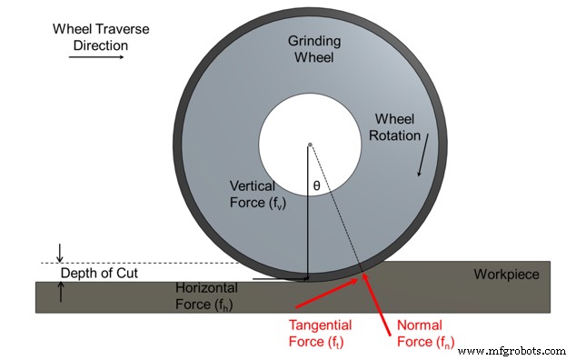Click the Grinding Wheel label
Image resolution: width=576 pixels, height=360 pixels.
tap(313, 50)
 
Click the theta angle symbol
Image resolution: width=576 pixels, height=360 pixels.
tap(317, 185)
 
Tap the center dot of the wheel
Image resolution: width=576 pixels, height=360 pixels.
tap(310, 145)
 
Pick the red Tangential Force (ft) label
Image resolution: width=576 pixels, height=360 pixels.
tap(320, 334)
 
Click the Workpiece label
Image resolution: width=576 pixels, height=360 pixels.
tap(506, 275)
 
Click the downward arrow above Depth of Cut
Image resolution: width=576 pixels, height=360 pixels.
tap(60, 252)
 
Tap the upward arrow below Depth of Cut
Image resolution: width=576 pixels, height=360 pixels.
tap(60, 291)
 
